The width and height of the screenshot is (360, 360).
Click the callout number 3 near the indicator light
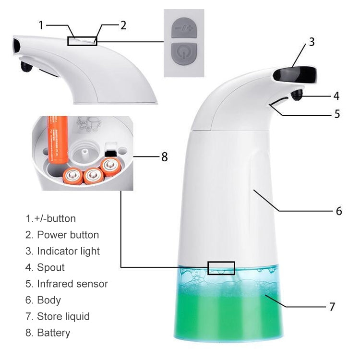[x=312, y=42]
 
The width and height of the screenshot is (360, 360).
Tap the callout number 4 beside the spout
[x=336, y=96]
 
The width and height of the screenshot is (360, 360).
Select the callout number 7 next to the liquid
[x=332, y=307]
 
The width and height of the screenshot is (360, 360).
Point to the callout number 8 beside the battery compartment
[x=164, y=157]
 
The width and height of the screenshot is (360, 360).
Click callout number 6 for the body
[x=338, y=211]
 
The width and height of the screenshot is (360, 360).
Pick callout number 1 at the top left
[x=41, y=24]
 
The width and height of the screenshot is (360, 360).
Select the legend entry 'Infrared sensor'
[x=72, y=284]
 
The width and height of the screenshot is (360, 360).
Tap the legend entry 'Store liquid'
[x=63, y=316]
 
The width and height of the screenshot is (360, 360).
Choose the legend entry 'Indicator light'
[x=68, y=251]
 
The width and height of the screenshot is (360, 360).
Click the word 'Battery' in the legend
[x=53, y=333]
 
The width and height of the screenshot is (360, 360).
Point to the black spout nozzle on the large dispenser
[x=296, y=95]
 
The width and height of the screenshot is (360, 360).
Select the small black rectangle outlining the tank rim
[x=221, y=268]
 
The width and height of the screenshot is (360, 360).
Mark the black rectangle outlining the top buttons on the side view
[x=82, y=41]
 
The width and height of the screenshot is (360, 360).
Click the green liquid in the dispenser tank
[x=226, y=312]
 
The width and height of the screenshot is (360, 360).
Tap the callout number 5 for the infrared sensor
[x=337, y=114]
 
